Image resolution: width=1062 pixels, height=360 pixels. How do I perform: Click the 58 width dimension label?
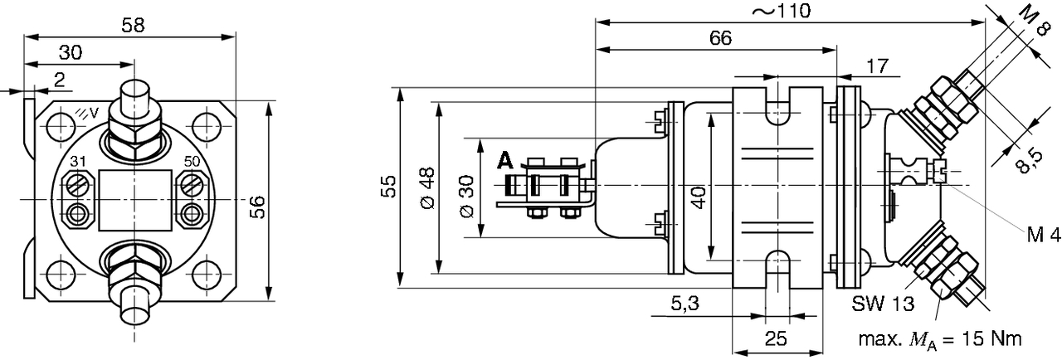[x=133, y=25]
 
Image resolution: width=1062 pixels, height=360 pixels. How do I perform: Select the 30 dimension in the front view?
[x=71, y=52]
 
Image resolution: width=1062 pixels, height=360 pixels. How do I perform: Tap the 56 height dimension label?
[x=258, y=207]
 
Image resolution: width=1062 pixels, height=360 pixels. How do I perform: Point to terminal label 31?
[x=78, y=162]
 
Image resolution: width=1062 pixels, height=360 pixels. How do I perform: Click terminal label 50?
[x=192, y=162]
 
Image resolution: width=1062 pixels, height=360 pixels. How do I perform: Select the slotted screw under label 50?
[x=192, y=184]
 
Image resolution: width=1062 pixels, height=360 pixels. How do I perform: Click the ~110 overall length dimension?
[x=782, y=11]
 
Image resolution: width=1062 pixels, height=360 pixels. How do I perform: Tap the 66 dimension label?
[x=721, y=38]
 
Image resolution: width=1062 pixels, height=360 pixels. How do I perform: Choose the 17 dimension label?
[x=877, y=66]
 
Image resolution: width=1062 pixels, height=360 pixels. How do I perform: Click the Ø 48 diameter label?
[x=427, y=188]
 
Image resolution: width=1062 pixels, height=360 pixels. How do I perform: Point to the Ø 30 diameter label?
[x=467, y=196]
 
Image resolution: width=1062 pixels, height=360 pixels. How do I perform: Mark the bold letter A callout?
[x=505, y=161]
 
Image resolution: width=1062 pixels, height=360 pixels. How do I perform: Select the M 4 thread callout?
[x=1044, y=235]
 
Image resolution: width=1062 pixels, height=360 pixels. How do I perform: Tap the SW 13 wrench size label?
[x=883, y=304]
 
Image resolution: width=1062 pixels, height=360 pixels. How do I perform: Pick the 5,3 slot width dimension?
[x=685, y=303]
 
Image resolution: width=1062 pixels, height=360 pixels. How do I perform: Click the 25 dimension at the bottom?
[x=776, y=338]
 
